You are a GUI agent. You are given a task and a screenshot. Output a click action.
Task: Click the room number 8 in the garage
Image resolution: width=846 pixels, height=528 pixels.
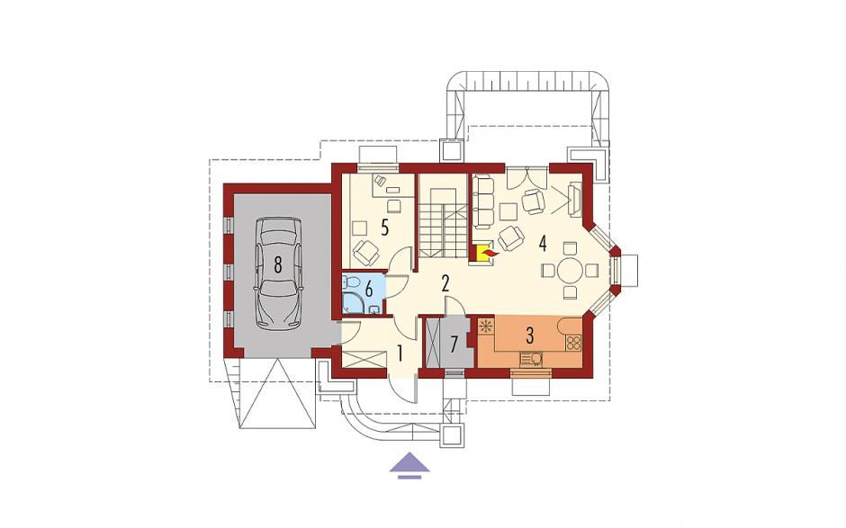coord(277,264)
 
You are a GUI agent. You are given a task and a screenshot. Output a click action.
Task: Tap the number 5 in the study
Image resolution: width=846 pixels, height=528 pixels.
coord(384,228)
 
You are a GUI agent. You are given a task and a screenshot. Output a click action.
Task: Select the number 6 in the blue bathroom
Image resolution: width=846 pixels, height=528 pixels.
coord(369,289)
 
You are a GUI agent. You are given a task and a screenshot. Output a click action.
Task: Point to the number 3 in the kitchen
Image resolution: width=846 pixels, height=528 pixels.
coord(529,336)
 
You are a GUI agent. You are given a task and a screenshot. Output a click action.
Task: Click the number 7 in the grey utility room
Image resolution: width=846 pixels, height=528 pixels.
coord(454,343)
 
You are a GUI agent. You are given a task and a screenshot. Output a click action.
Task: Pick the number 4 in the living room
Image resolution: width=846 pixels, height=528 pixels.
coord(542,244)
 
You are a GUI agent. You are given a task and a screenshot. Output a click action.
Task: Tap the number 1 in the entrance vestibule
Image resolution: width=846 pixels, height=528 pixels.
coord(400,353)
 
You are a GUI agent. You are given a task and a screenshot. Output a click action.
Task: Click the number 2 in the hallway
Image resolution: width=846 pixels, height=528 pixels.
coord(445,283)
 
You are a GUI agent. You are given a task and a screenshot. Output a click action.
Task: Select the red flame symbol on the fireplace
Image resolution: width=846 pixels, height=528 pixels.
coord(490,253)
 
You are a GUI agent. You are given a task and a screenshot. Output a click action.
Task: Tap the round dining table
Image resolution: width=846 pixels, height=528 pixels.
coord(569,270)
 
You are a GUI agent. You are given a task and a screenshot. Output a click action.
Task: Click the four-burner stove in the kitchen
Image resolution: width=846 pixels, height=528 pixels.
coord(572,342)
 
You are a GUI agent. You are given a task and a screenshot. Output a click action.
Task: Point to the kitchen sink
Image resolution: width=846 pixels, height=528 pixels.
coord(531,358)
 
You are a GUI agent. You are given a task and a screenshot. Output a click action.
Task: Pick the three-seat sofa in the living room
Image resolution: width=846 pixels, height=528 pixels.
coord(483,200)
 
